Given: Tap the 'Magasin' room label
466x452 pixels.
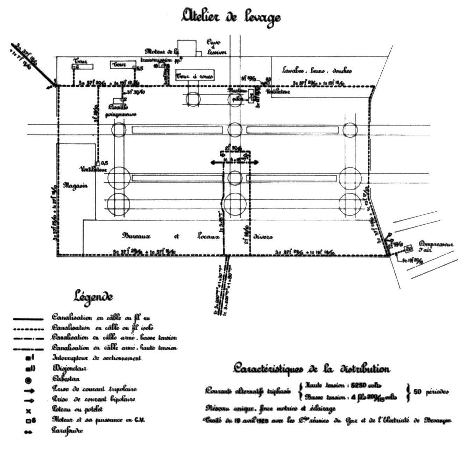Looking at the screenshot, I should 76,186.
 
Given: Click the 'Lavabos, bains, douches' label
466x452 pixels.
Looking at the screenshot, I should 317,70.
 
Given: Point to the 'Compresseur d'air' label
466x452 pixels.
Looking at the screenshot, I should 436,247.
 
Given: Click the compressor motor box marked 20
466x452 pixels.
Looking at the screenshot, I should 409,249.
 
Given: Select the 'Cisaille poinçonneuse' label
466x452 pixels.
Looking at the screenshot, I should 122,111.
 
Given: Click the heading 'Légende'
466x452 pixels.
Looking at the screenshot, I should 93,297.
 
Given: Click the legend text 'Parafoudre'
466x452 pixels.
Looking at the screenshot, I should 67,430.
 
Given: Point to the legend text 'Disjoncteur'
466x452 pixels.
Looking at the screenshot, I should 69,368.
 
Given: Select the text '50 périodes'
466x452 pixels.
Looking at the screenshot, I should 431,391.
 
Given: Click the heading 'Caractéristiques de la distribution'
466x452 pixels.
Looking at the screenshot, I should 311,368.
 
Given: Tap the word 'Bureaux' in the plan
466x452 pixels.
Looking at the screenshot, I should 136,236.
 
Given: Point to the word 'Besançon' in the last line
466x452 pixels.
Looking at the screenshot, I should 437,421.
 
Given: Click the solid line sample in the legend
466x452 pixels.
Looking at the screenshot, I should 28,319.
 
